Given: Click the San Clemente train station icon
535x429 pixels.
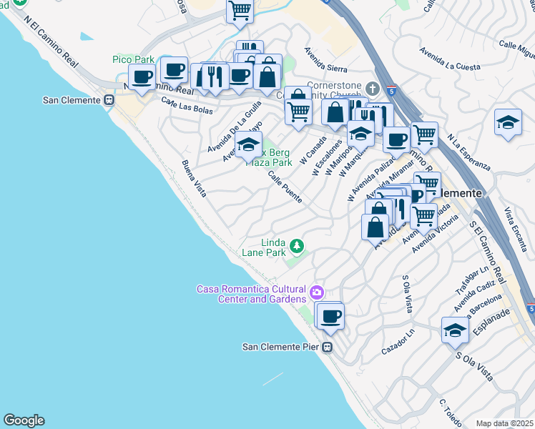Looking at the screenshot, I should click(x=109, y=100).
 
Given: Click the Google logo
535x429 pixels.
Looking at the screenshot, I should click(x=24, y=420).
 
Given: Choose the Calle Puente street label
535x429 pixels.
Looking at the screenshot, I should click(x=285, y=186).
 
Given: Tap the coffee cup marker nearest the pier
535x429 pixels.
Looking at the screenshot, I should click(x=330, y=315).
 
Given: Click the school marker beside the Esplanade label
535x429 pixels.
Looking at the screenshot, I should click(x=455, y=330).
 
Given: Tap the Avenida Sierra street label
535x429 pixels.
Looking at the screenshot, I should click(x=325, y=60).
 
